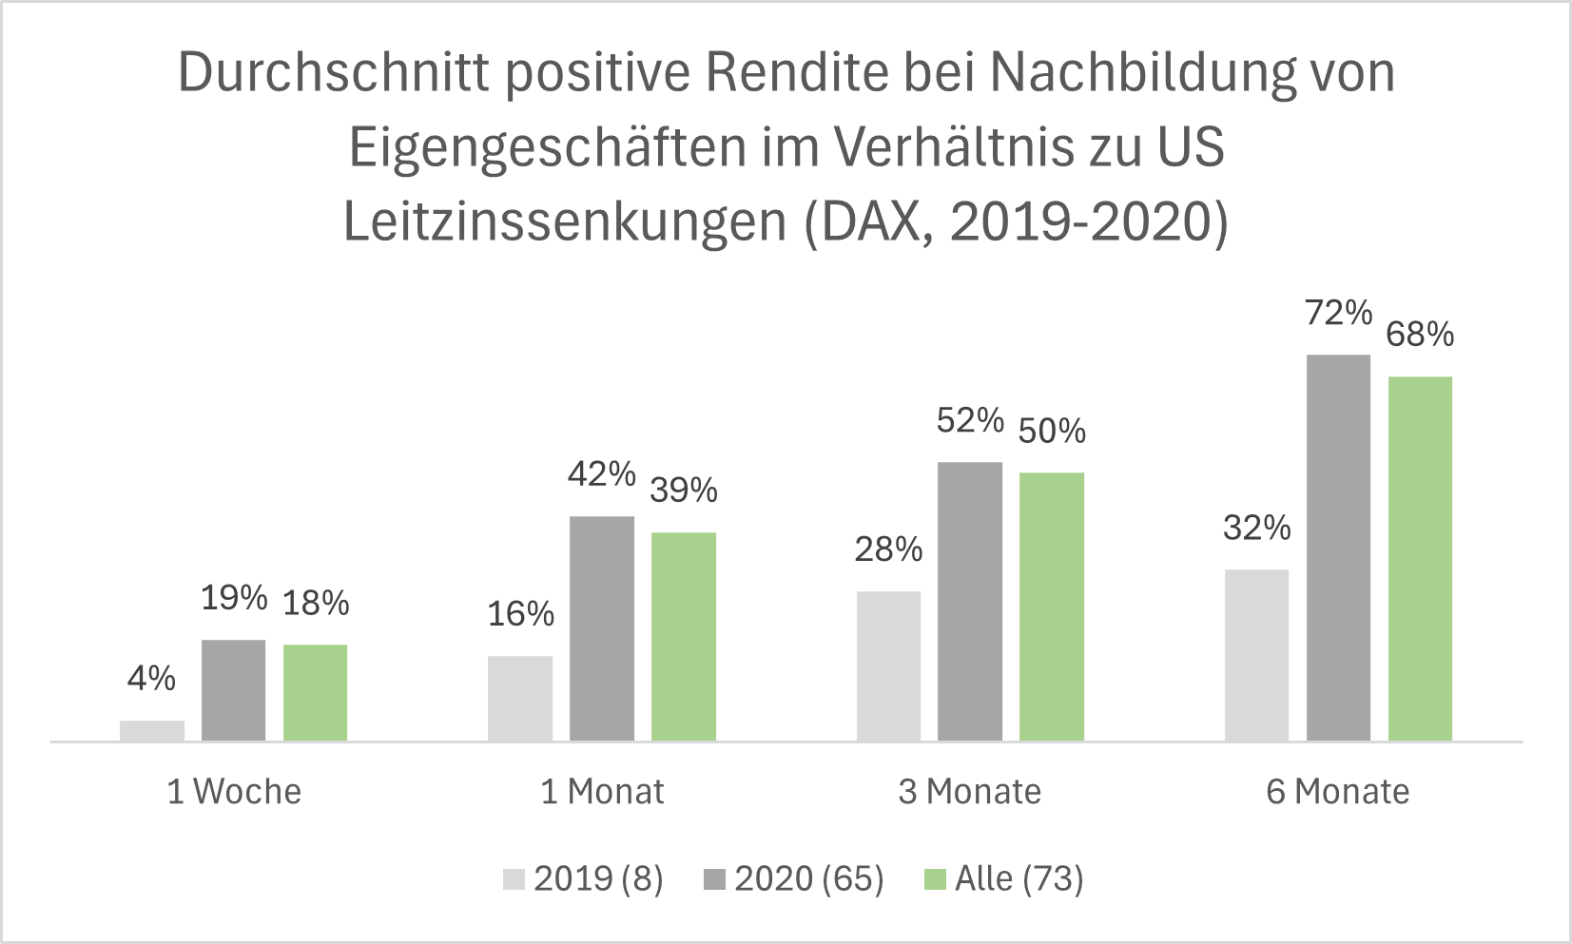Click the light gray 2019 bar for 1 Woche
152,730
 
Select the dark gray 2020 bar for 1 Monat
602,628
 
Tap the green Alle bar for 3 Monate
1052,607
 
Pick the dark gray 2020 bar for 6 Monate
1338,548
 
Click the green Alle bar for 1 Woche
315,692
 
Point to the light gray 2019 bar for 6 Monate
1256,655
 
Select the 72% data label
1338,313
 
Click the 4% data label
152,678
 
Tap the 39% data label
683,490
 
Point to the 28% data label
888,549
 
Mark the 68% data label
1420,335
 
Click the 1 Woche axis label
234,791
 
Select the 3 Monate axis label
970,791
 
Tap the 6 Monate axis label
1338,791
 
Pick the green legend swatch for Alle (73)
936,879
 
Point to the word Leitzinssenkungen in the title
565,222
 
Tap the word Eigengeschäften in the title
545,147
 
